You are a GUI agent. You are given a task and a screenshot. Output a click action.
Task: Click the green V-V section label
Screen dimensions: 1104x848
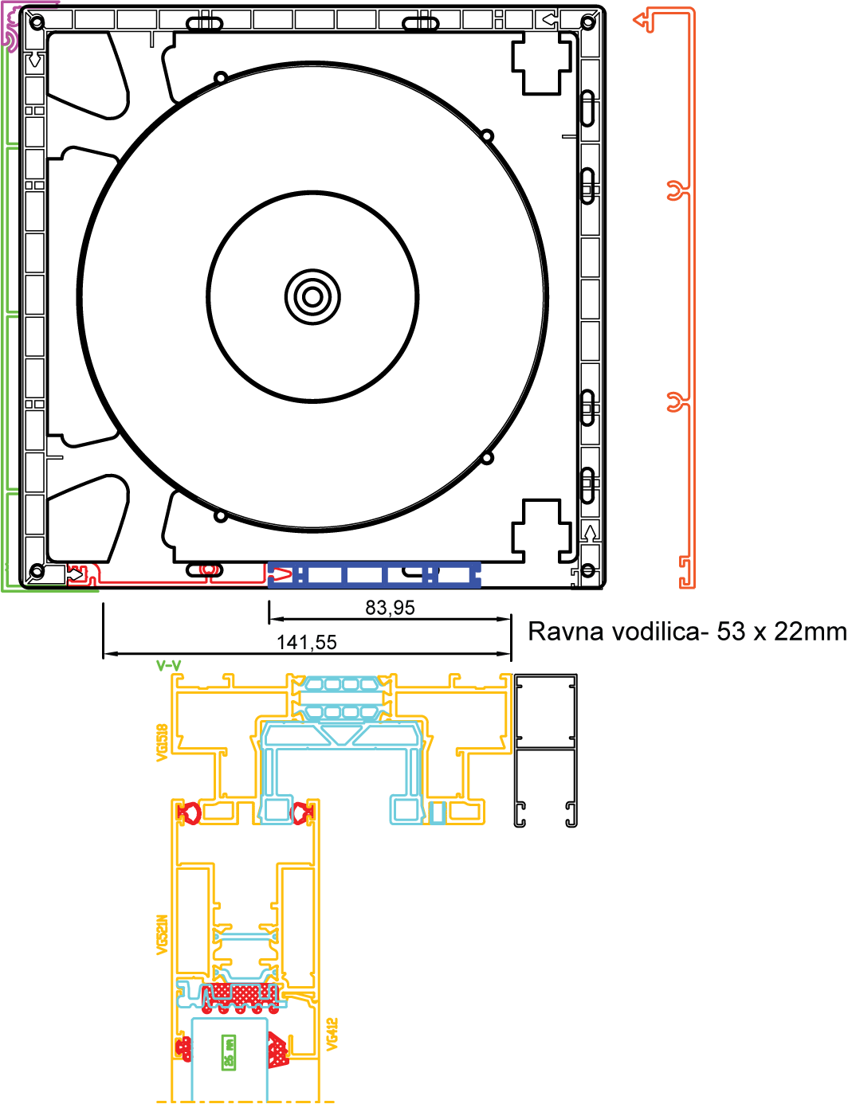pos(169,666)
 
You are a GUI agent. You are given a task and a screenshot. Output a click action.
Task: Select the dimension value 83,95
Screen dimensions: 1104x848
pos(390,609)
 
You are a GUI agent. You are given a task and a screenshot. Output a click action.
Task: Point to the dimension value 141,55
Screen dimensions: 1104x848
pos(307,643)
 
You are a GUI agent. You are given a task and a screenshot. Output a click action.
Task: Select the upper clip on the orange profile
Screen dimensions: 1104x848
pos(677,190)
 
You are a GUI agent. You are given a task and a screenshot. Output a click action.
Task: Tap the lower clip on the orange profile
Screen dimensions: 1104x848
pos(677,402)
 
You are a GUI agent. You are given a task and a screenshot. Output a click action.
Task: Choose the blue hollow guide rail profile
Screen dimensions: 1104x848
pos(375,574)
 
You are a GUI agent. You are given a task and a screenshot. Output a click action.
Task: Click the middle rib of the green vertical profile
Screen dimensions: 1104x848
pos(10,315)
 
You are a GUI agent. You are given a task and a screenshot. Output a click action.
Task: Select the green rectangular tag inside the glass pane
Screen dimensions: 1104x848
pos(229,1051)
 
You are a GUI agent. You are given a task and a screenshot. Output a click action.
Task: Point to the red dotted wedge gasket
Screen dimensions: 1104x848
pos(277,1049)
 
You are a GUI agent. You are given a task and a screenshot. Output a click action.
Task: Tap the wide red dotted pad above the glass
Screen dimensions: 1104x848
pos(235,994)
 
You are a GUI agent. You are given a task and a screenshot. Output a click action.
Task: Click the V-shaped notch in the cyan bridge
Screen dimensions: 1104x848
pos(343,738)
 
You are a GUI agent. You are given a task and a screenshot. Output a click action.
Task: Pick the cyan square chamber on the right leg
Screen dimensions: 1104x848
pos(406,810)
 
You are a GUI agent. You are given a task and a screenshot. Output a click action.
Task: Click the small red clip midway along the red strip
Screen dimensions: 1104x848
pos(209,570)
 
